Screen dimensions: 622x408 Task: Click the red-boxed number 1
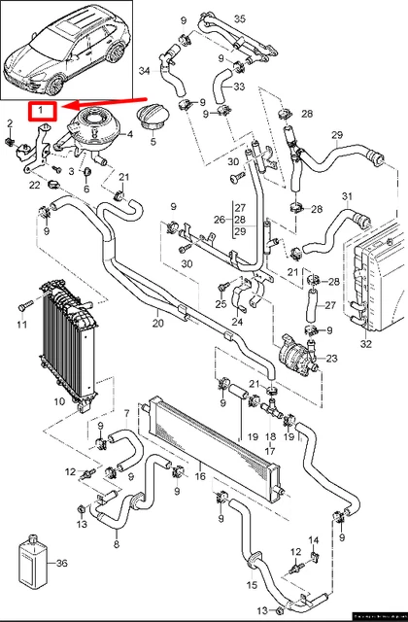(42, 113)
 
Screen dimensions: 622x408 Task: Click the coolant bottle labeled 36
(31, 561)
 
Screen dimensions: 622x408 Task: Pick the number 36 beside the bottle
(63, 563)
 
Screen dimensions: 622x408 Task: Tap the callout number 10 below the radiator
(57, 399)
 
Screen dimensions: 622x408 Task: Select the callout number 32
(365, 342)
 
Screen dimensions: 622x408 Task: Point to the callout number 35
(239, 19)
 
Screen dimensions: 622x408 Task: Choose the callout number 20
(156, 323)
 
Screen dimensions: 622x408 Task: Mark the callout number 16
(200, 478)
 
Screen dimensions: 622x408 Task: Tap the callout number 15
(252, 585)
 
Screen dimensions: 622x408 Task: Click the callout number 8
(117, 545)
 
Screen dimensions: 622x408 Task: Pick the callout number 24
(237, 322)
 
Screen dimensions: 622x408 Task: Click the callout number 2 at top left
(10, 122)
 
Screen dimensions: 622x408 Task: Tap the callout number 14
(314, 539)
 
